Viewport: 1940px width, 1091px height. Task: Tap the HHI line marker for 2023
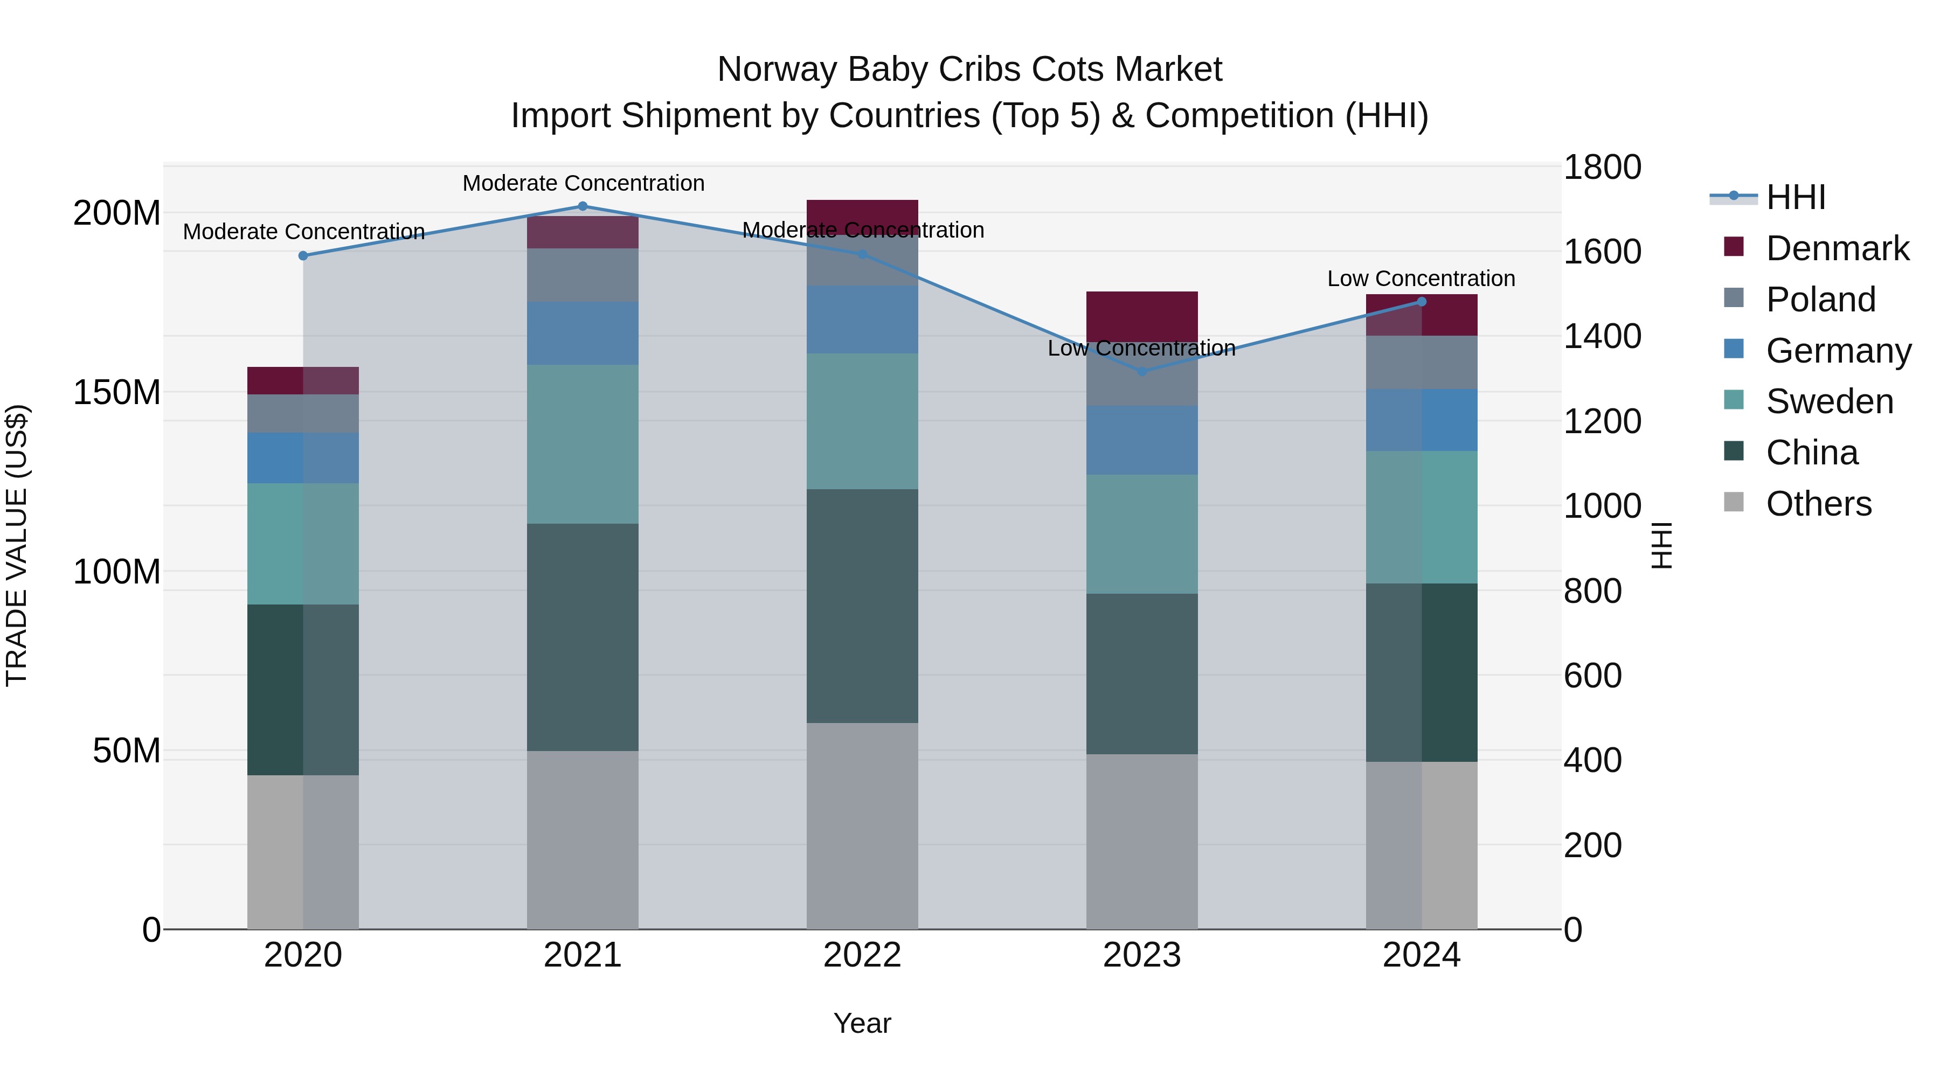1142,371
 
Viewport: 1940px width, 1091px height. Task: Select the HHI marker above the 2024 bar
1421,302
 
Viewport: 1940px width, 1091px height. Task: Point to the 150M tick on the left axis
117,392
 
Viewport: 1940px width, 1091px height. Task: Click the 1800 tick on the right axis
1602,167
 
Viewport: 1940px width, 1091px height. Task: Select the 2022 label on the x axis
862,955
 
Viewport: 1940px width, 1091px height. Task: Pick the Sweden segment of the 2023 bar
1142,534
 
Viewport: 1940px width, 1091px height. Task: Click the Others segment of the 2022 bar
862,825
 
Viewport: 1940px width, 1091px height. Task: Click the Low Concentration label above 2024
1421,279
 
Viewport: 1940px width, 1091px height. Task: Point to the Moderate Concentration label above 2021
583,183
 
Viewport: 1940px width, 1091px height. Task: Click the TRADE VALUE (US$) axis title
17,545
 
